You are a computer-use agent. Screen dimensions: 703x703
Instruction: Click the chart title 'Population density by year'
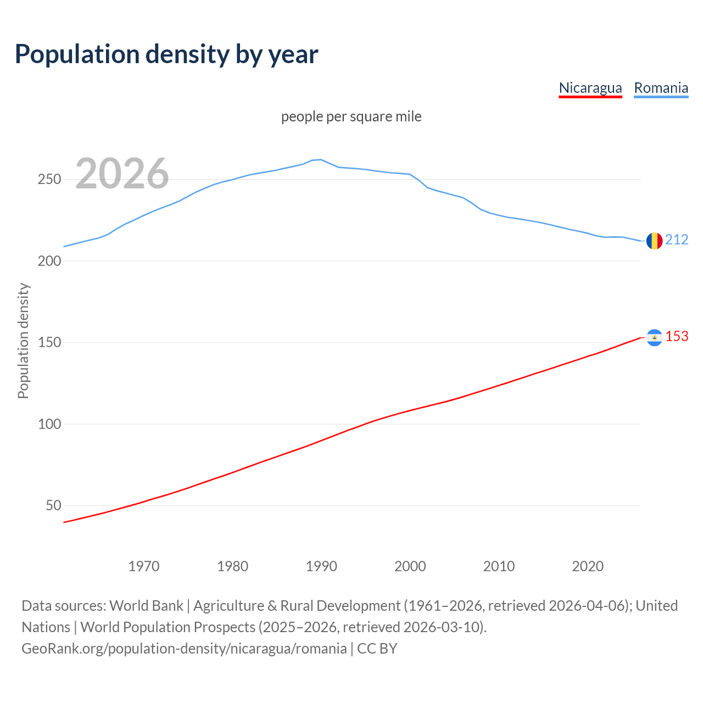click(x=166, y=54)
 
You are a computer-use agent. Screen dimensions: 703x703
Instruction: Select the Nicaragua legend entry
click(x=590, y=88)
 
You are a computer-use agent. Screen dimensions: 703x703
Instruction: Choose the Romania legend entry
click(x=661, y=88)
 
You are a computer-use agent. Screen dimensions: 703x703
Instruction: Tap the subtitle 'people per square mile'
click(x=351, y=117)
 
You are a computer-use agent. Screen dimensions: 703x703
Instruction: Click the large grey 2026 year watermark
click(x=122, y=174)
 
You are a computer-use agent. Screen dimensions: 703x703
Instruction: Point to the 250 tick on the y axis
click(x=49, y=180)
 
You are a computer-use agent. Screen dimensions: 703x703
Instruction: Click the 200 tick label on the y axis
click(x=49, y=261)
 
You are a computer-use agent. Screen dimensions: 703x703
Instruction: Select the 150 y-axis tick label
click(x=49, y=343)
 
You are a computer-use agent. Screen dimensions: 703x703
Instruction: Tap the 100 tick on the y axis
click(x=49, y=424)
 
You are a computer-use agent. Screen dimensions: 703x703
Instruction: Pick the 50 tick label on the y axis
click(x=53, y=505)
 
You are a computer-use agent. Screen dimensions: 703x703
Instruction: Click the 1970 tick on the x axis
click(x=144, y=566)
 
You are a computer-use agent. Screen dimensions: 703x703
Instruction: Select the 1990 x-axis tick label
click(x=321, y=566)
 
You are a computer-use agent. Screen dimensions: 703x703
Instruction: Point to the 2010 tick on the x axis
click(x=499, y=566)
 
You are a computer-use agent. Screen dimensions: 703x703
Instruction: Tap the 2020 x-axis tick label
click(x=588, y=566)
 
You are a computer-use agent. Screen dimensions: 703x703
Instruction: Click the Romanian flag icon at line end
click(x=654, y=241)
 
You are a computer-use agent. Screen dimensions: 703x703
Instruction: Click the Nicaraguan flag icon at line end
click(x=654, y=337)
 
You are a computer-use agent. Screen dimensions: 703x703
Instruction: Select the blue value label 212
click(x=677, y=239)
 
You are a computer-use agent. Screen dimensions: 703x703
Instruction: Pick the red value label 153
click(x=677, y=336)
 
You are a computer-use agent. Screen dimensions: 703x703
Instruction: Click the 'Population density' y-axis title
click(x=23, y=341)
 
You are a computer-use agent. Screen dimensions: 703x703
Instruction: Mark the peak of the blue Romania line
click(x=321, y=159)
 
